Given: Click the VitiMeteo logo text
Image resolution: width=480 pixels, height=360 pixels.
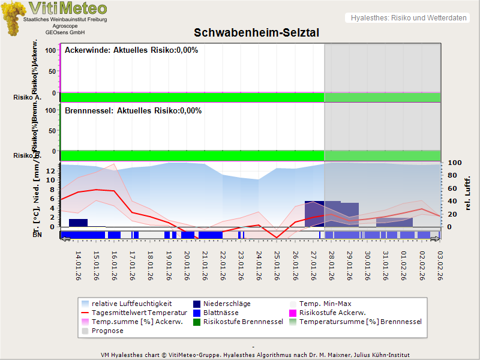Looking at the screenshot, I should [68, 8].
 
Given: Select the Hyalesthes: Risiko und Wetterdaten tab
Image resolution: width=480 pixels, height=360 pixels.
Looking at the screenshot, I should [408, 18].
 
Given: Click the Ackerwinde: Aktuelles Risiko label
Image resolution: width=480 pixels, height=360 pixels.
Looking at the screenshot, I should [131, 50].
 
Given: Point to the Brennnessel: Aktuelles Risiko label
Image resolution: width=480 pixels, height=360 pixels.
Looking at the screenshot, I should [133, 111].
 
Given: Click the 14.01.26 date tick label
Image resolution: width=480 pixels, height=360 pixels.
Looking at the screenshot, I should [78, 264].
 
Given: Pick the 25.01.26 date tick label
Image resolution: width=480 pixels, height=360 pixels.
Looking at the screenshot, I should [277, 264].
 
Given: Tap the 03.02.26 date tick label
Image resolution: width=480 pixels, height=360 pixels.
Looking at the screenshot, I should [440, 264].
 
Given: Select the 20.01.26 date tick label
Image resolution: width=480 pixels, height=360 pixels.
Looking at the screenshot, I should [187, 264].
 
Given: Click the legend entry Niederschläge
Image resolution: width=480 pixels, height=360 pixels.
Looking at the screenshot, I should [227, 304].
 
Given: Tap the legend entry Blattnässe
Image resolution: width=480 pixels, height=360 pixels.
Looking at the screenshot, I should [221, 313].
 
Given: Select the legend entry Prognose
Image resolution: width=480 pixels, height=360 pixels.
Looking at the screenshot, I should [107, 331].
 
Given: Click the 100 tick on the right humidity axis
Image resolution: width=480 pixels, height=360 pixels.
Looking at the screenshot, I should [454, 163].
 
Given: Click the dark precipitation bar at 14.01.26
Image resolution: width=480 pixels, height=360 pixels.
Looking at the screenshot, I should [78, 223].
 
